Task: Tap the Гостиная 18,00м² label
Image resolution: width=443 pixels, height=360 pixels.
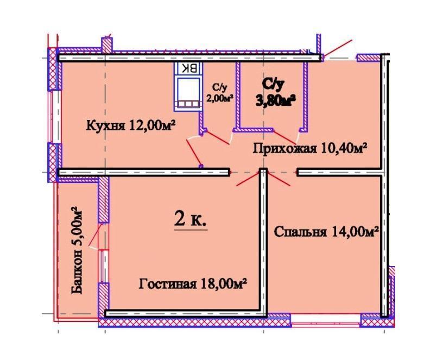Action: click(193, 283)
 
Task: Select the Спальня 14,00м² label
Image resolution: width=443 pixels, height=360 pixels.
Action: click(326, 232)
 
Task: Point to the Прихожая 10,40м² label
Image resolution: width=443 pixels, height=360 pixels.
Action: click(309, 148)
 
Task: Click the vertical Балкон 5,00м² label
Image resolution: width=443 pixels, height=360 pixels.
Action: click(77, 251)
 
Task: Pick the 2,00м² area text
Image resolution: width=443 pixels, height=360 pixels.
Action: click(221, 98)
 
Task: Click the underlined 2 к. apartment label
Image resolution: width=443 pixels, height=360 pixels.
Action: click(191, 219)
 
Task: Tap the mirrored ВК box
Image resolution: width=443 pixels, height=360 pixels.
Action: click(188, 68)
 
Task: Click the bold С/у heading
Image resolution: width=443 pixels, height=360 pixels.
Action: click(273, 84)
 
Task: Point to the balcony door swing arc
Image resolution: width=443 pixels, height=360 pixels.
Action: click(94, 248)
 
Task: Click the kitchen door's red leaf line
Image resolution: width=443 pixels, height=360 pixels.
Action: click(194, 152)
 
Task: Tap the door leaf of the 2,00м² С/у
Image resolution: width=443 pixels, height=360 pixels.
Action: click(218, 137)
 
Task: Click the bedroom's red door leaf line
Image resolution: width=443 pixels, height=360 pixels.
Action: click(279, 179)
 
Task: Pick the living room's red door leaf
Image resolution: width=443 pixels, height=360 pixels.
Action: click(248, 179)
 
